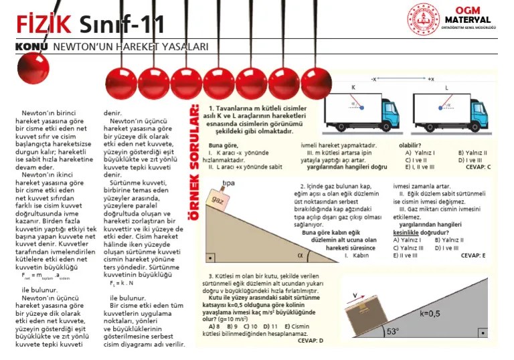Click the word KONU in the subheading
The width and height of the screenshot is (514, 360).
tap(31, 47)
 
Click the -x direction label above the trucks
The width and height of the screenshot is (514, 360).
tap(374, 79)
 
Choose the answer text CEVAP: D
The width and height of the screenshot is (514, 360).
tap(310, 340)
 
